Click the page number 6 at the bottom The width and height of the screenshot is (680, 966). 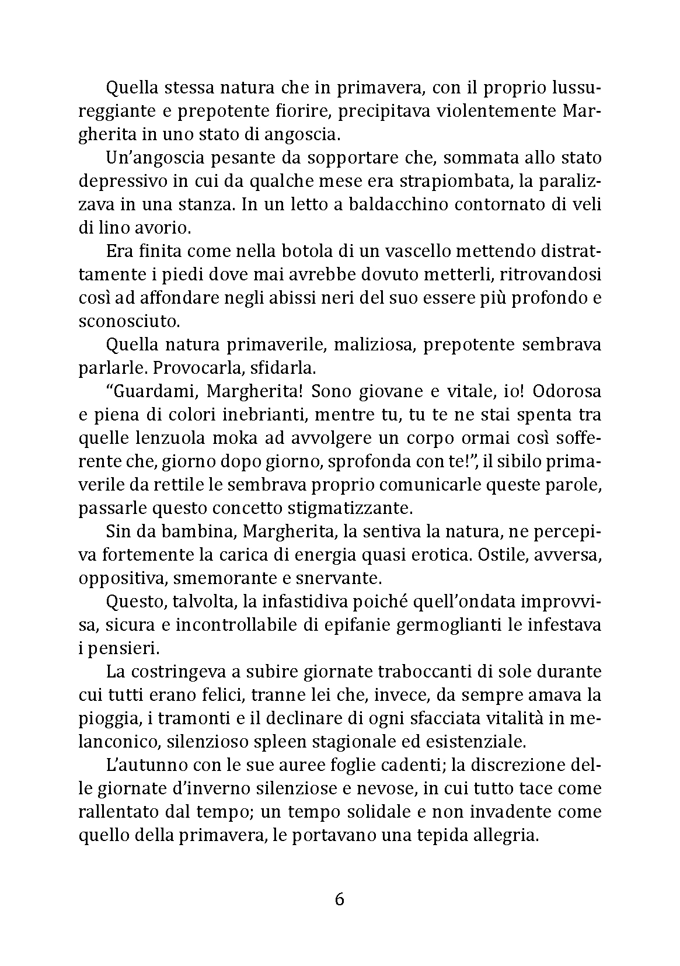(340, 899)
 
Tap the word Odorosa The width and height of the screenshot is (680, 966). (567, 391)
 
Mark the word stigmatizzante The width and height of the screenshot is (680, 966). (346, 508)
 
